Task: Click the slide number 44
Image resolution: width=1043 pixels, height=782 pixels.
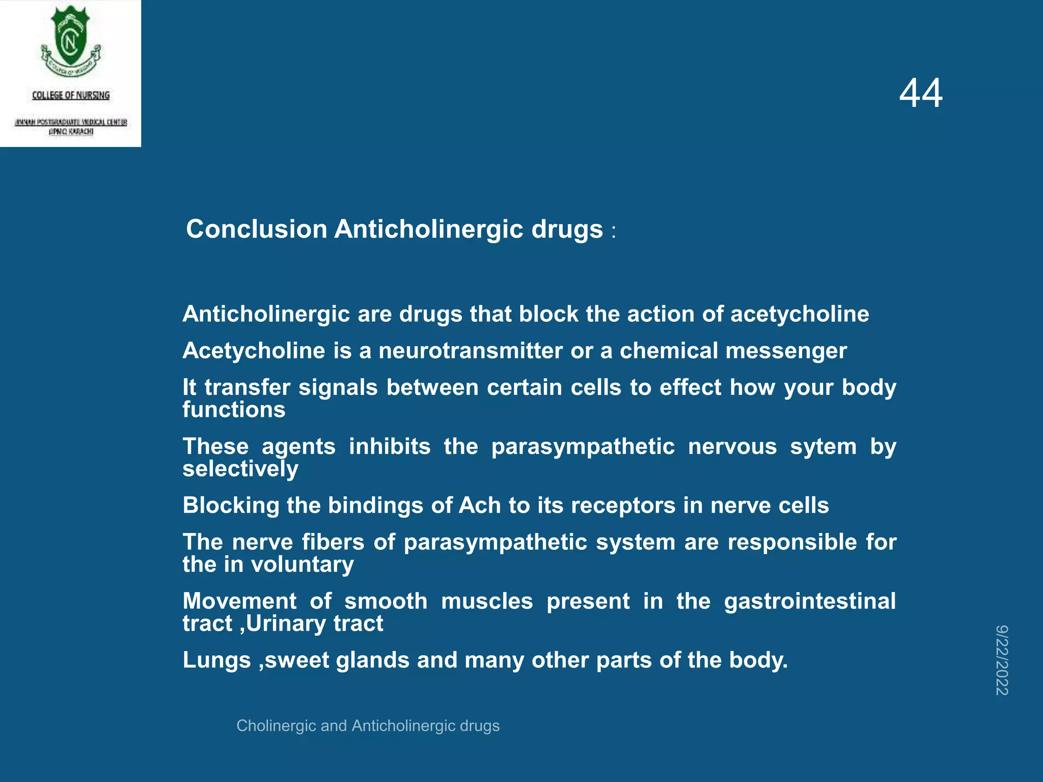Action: tap(921, 93)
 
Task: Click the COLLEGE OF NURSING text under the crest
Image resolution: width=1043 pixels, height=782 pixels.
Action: tap(71, 95)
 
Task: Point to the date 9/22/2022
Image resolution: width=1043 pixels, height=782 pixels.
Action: tap(1002, 660)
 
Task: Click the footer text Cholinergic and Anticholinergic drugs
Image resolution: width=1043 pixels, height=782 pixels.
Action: tap(368, 725)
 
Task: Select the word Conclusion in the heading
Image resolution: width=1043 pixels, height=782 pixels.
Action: tap(256, 229)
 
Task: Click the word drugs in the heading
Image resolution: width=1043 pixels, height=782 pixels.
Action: tap(567, 229)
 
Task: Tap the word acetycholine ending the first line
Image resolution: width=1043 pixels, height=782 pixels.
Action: tap(800, 314)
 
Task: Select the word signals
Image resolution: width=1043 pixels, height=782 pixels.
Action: tap(338, 387)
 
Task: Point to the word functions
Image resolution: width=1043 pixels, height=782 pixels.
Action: tap(234, 410)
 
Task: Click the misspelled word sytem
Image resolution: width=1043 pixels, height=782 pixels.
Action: tap(823, 446)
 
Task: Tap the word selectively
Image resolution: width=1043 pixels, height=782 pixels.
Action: tap(240, 469)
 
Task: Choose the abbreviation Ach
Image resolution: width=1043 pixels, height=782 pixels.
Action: tap(480, 506)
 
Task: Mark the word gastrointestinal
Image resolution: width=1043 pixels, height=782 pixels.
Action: tap(810, 601)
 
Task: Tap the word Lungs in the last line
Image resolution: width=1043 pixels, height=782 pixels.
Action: tap(216, 660)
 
